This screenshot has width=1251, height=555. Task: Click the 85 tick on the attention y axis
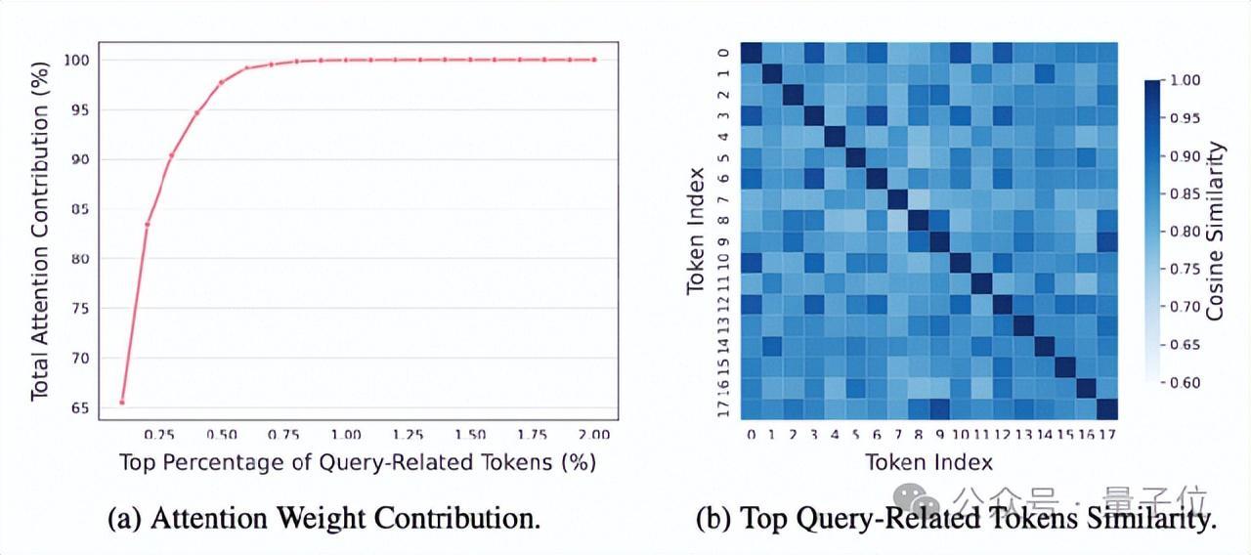point(80,209)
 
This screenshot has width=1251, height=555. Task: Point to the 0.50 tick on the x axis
point(221,433)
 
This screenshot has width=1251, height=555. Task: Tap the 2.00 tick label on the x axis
point(593,433)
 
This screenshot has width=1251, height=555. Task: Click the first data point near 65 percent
point(122,402)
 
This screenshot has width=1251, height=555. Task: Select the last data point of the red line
point(593,60)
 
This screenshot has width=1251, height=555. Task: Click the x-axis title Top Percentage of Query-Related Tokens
point(357,462)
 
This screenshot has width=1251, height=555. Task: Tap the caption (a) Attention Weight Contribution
point(324,518)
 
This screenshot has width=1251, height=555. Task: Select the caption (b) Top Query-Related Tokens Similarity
point(956,519)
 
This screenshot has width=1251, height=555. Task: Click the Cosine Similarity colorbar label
point(1216,232)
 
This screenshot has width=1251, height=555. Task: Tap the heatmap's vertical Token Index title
point(695,232)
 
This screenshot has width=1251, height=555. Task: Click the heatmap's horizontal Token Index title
point(928,462)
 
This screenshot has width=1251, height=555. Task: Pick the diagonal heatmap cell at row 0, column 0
point(751,53)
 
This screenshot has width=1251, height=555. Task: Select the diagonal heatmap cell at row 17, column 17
point(1106,408)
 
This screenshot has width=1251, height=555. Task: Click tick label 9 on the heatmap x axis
point(939,433)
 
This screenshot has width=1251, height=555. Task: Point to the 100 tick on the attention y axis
point(77,60)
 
